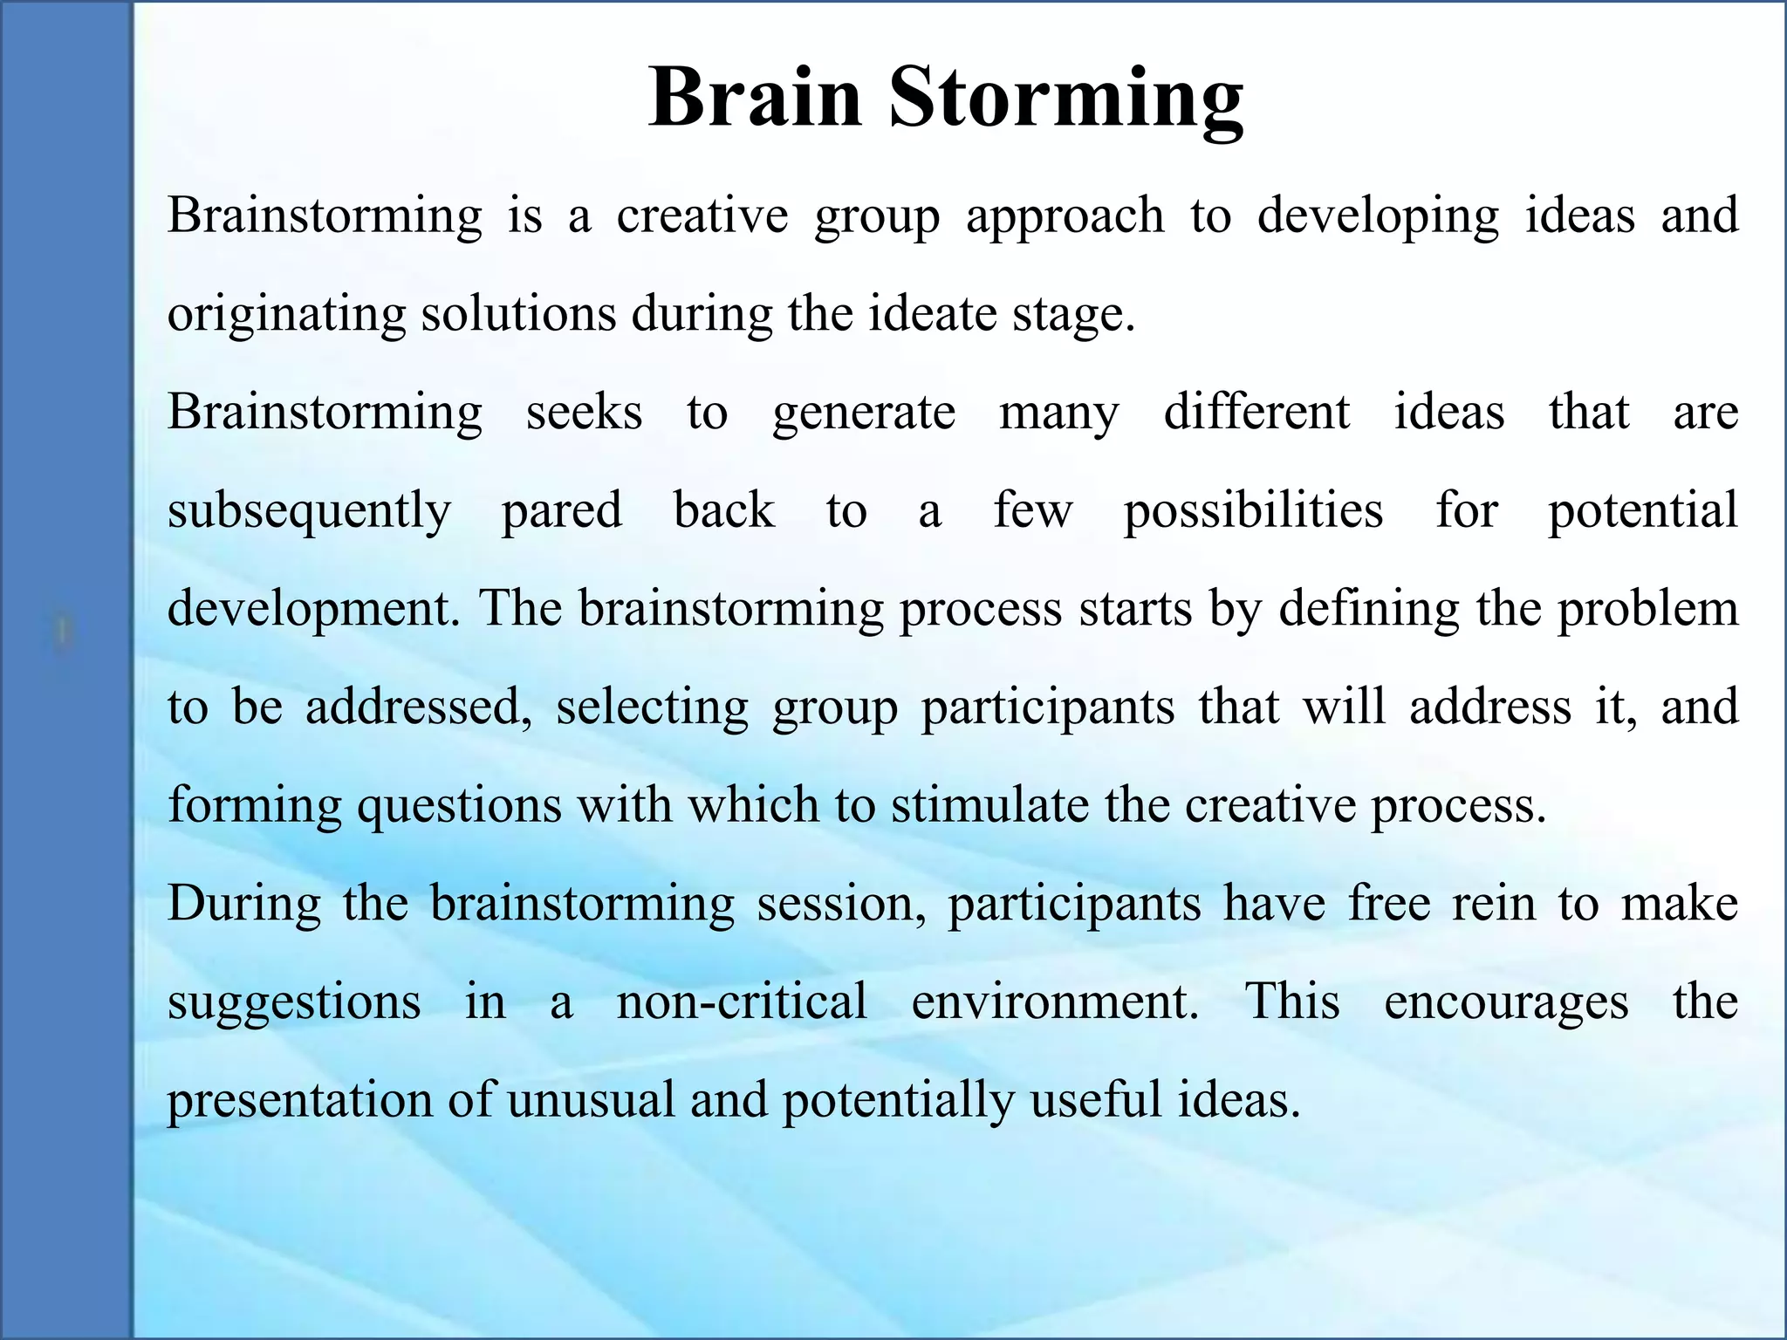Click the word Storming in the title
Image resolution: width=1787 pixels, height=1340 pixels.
click(x=1065, y=98)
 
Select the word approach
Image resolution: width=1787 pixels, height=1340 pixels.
click(x=1065, y=217)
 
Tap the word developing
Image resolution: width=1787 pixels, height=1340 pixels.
click(x=1378, y=217)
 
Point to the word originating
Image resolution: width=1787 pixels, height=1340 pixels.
click(x=286, y=315)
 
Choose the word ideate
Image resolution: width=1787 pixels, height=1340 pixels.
click(x=932, y=313)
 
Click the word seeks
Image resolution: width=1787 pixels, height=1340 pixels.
click(x=584, y=413)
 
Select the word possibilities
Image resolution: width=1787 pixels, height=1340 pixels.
click(x=1253, y=511)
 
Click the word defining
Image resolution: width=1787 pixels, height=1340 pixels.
click(x=1368, y=609)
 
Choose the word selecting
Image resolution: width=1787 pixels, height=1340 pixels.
click(x=652, y=708)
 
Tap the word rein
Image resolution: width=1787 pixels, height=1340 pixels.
click(x=1493, y=903)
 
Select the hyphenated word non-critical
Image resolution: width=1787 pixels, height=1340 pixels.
click(x=742, y=1002)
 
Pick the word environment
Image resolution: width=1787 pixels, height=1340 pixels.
click(x=1055, y=1002)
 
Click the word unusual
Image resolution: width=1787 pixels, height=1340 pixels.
click(x=591, y=1100)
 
